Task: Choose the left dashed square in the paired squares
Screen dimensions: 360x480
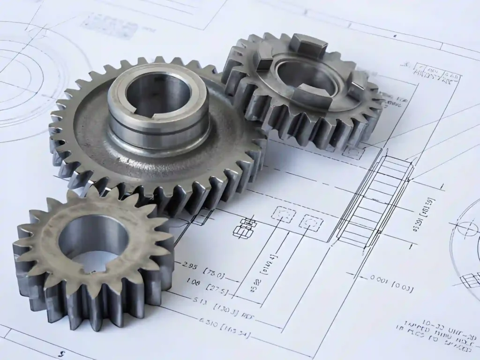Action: [x=284, y=215]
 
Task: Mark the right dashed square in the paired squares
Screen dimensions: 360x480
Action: [x=311, y=223]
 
